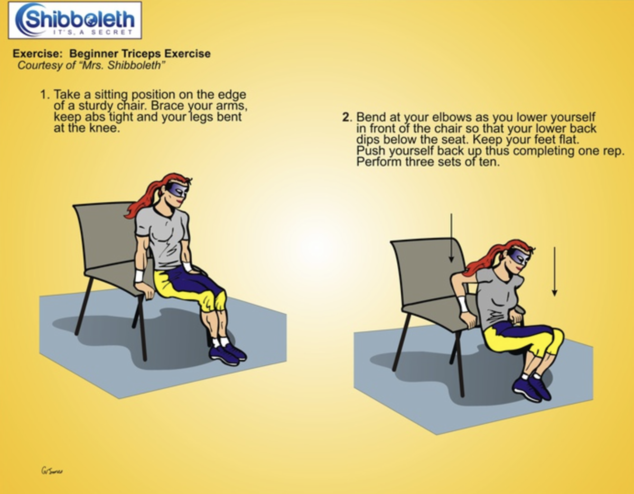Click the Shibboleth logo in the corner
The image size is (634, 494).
pos(75,20)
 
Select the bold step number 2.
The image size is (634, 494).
pos(347,117)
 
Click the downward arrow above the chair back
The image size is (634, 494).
pos(451,238)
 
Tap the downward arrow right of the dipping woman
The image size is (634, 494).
pos(555,272)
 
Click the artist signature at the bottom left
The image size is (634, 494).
pos(52,471)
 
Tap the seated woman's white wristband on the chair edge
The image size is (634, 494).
pos(139,276)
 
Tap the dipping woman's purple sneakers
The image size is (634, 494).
pos(532,389)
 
